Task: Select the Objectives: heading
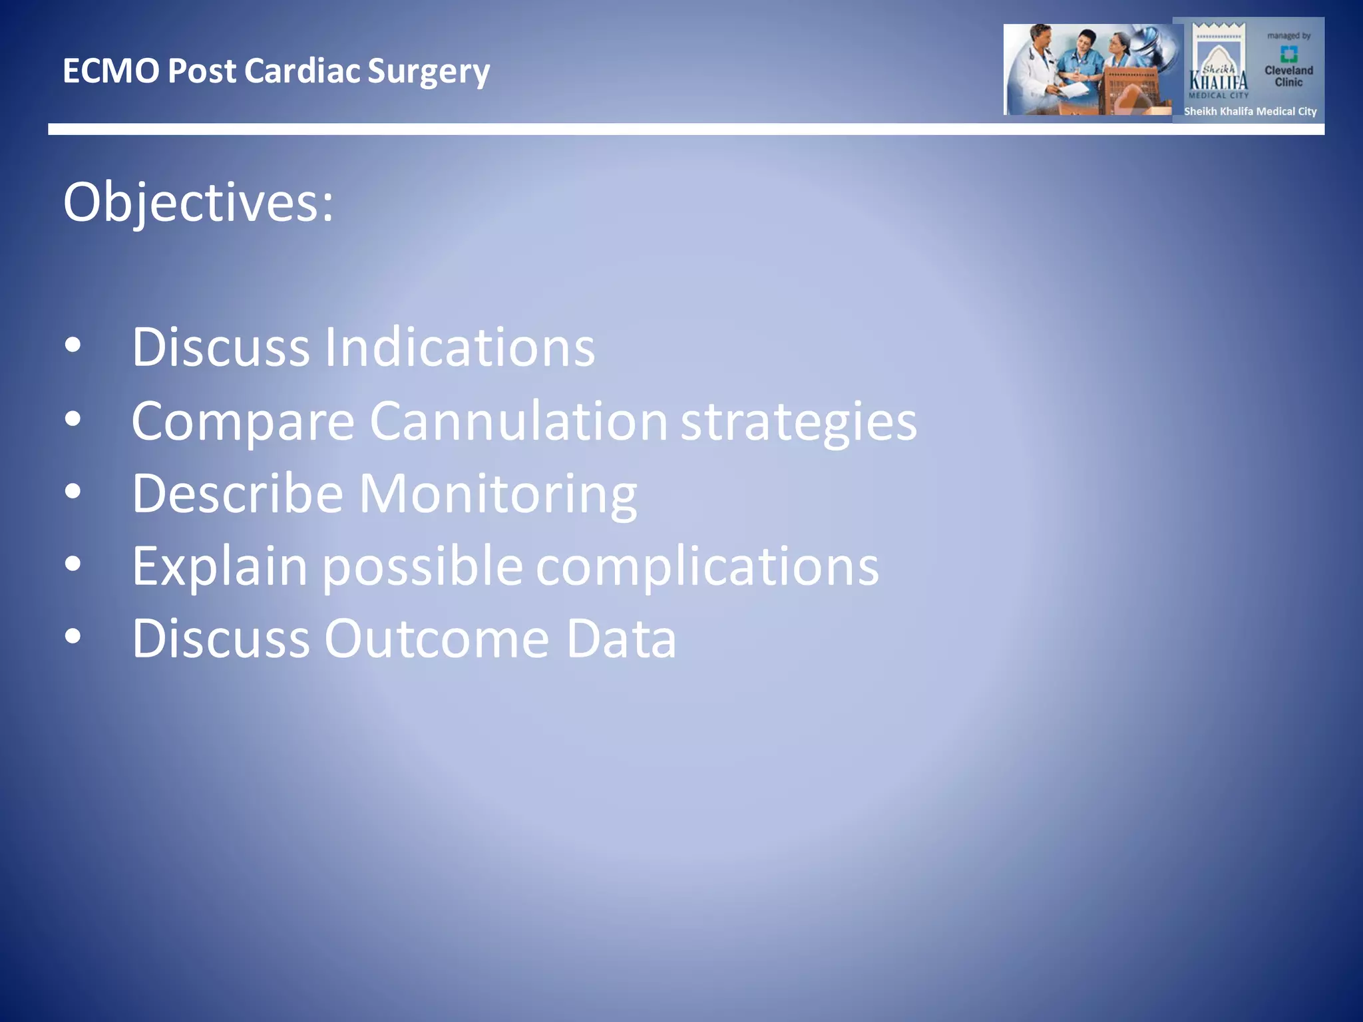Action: tap(198, 202)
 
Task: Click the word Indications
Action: tap(459, 347)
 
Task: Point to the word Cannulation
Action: tap(518, 421)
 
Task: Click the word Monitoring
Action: tap(498, 494)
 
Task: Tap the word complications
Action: tap(707, 567)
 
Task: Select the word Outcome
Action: tap(437, 639)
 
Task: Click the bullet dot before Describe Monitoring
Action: tap(73, 492)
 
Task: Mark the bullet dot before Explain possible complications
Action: tap(73, 565)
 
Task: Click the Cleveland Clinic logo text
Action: tap(1288, 76)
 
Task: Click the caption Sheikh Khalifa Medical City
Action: tap(1250, 112)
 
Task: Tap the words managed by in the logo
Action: tap(1288, 36)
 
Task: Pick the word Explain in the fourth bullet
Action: tap(220, 567)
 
